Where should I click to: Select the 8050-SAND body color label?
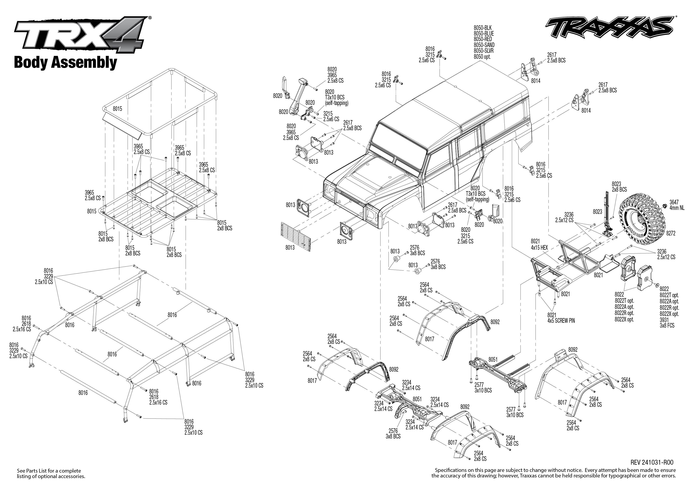(484, 45)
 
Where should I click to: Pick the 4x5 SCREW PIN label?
(561, 321)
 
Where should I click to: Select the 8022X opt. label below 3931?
(669, 314)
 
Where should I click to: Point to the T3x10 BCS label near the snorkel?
(334, 97)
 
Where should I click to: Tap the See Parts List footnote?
(51, 473)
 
